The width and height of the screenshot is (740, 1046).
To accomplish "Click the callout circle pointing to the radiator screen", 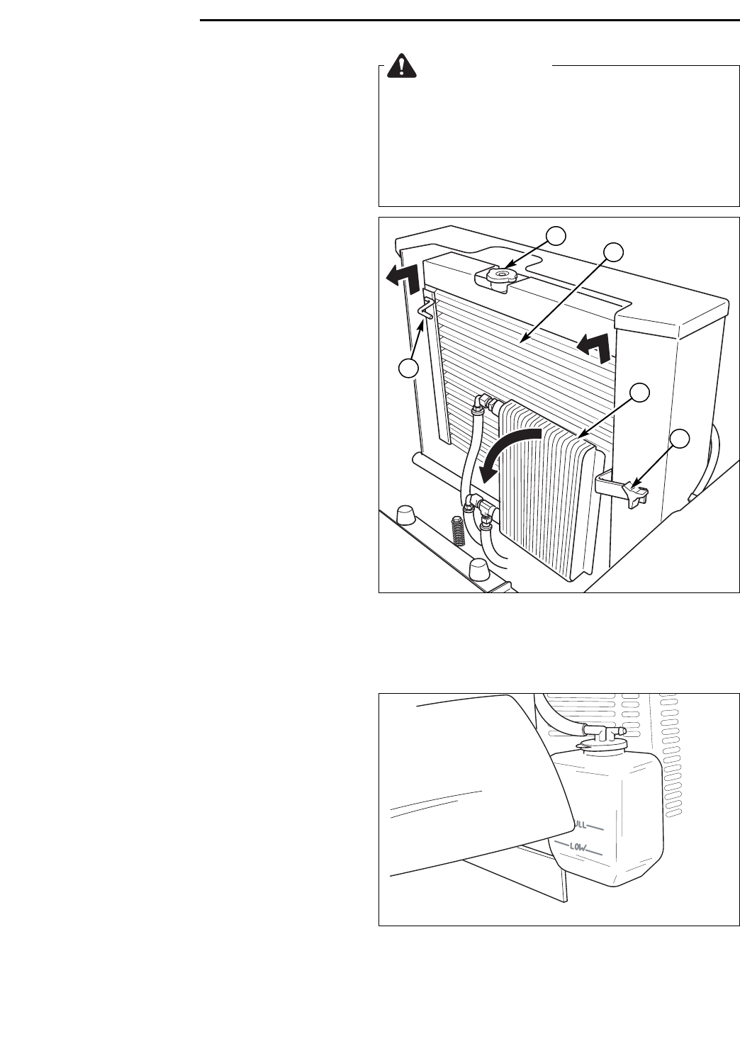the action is pos(614,251).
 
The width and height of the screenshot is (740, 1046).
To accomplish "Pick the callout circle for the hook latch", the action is pos(407,368).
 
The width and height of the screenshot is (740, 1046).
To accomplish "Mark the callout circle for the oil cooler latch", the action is pos(680,439).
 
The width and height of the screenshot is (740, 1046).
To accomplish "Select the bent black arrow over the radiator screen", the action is pos(596,345).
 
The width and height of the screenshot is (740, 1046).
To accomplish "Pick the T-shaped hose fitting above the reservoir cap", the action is pos(600,729).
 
